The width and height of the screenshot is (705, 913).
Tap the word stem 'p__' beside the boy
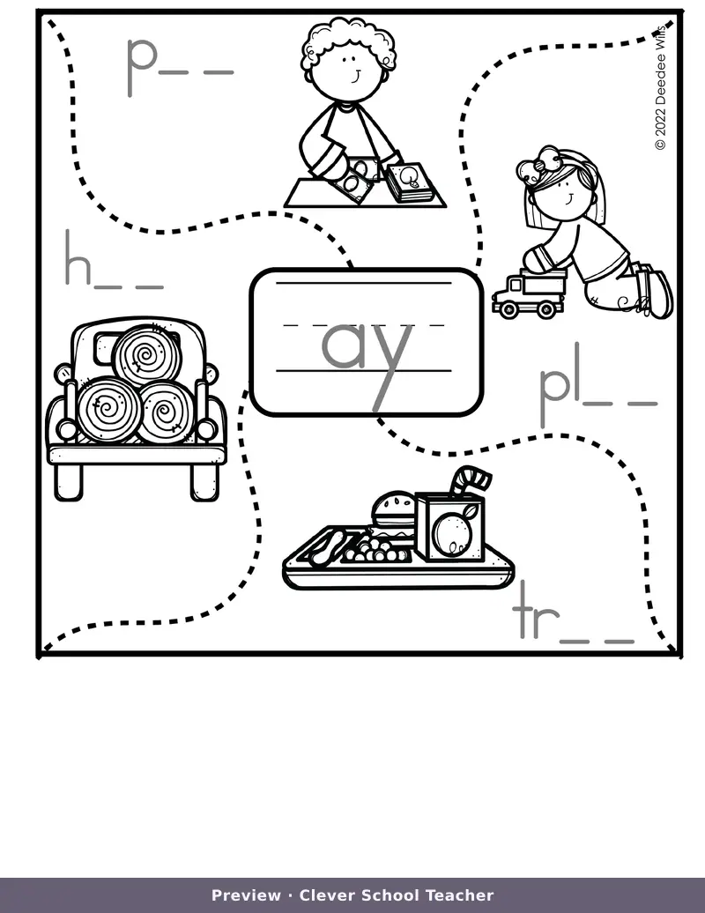click(179, 65)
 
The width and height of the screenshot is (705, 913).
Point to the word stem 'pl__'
click(597, 384)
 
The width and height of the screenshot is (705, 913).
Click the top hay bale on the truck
click(146, 355)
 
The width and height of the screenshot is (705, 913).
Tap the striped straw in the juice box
click(471, 479)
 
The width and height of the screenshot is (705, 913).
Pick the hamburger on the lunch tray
click(393, 511)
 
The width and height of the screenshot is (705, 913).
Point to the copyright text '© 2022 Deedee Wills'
click(660, 87)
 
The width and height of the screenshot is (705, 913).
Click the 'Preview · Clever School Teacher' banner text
click(352, 895)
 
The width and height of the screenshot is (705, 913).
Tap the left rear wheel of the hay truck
click(69, 481)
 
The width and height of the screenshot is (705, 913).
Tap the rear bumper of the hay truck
click(137, 454)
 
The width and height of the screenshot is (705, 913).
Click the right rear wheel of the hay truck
click(205, 481)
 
